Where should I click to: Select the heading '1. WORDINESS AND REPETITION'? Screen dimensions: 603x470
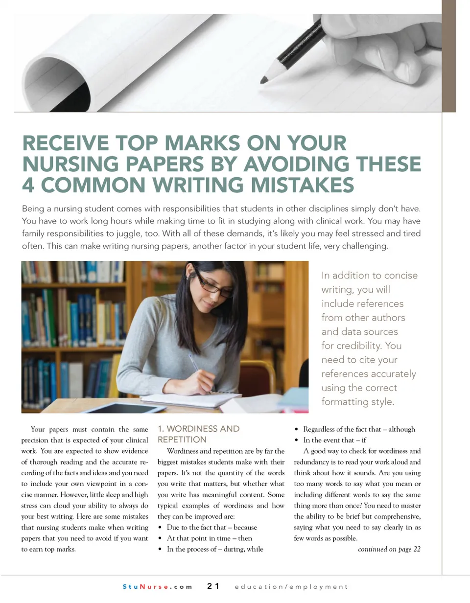click(x=198, y=434)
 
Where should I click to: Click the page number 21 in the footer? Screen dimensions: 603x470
click(x=213, y=586)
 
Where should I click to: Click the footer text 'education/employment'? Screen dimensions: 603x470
click(x=291, y=586)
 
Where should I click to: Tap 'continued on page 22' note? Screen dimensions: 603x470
click(x=389, y=549)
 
